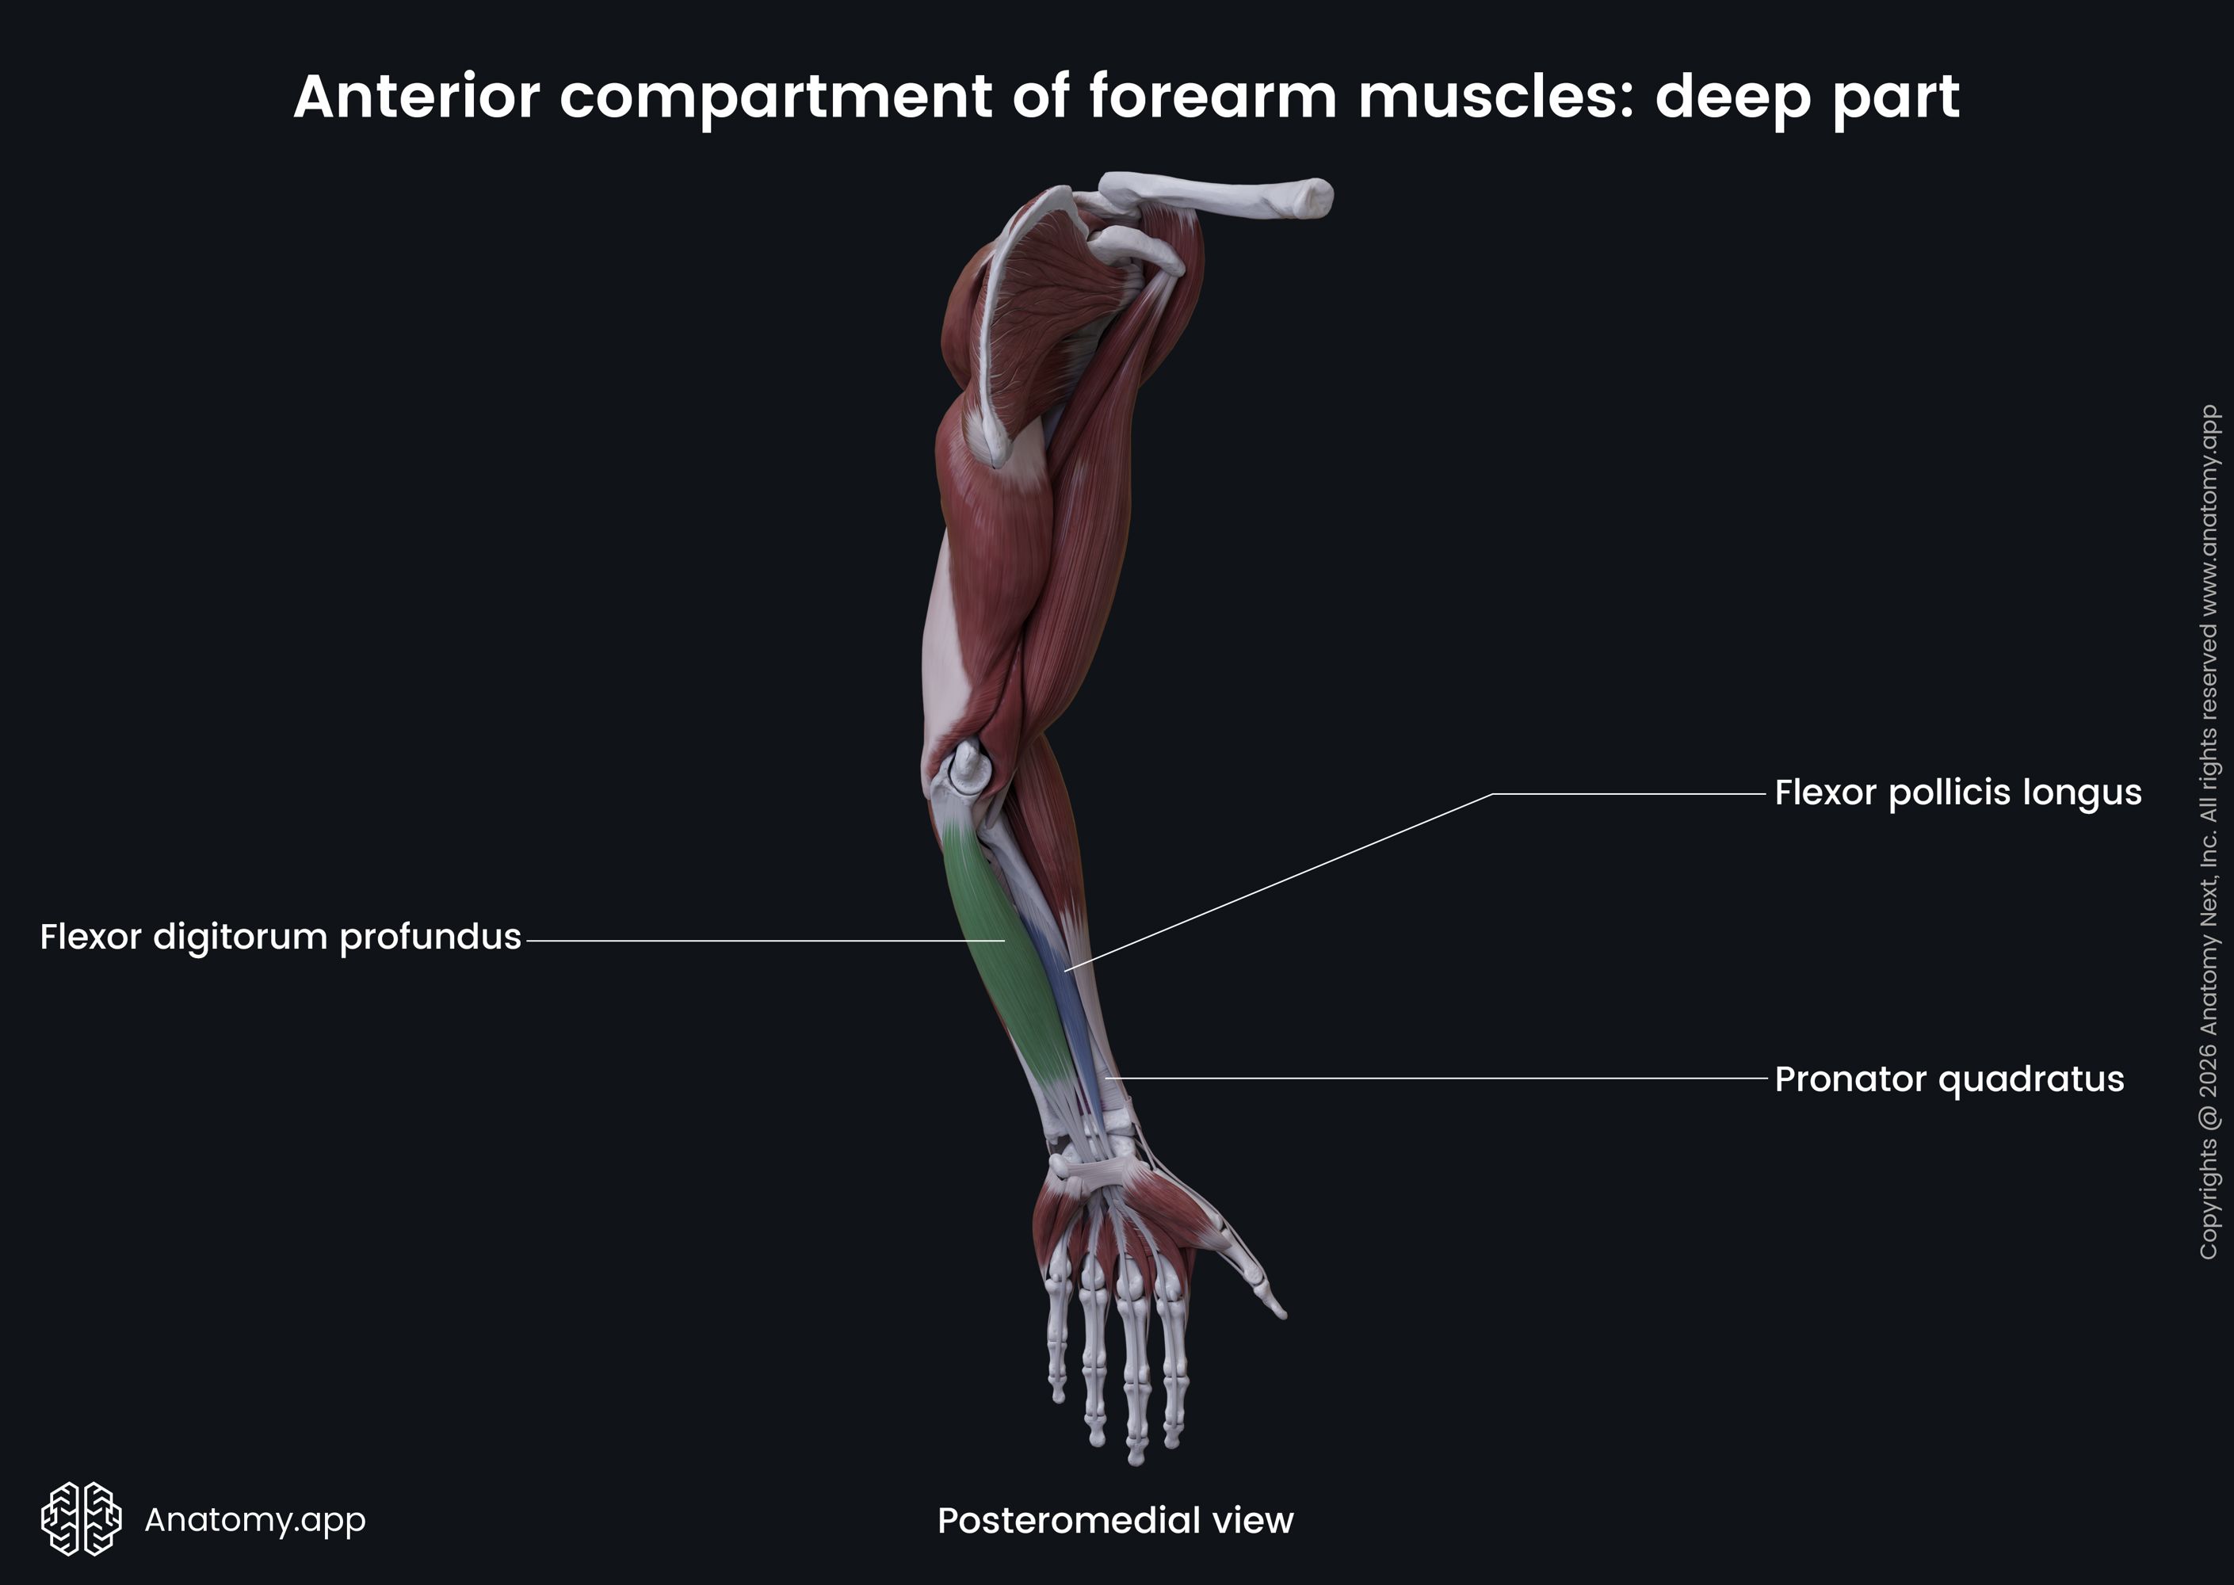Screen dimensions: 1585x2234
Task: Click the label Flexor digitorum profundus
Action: coord(280,937)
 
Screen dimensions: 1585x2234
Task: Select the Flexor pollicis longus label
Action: coord(1957,792)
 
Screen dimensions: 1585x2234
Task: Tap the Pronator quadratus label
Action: coord(1948,1079)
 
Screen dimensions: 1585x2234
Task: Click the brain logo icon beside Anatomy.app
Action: coord(81,1518)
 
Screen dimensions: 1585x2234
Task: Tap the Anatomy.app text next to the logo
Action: coord(254,1519)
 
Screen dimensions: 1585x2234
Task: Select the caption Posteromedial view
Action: coord(1114,1521)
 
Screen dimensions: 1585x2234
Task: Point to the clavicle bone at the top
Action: coord(1220,195)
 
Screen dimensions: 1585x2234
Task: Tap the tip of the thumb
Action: coord(1280,1312)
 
